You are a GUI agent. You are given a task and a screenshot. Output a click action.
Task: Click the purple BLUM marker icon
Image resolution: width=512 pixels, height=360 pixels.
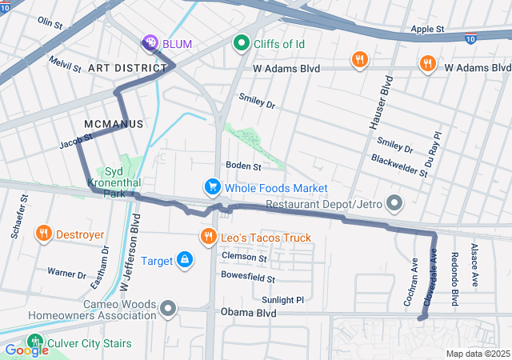[150, 43]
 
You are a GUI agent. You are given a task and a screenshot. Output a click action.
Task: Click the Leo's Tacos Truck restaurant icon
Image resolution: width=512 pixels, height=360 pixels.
[208, 237]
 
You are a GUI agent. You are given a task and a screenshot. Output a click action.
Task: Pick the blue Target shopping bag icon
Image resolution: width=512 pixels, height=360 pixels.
[185, 261]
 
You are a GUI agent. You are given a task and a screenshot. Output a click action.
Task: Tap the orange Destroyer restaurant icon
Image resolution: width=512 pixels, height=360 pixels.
[43, 234]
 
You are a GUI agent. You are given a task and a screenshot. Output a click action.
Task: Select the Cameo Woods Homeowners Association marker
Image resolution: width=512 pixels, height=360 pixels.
[167, 308]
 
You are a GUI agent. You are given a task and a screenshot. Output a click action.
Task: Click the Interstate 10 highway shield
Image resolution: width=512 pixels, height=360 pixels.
[472, 37]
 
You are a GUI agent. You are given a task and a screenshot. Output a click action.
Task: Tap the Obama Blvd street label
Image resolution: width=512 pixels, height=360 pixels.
[248, 313]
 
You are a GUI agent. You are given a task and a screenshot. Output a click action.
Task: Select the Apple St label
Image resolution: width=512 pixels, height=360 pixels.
[427, 29]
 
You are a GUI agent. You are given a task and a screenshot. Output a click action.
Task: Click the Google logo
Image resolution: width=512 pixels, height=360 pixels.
[26, 350]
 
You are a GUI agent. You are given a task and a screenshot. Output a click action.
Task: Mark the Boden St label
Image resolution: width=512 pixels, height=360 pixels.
[243, 166]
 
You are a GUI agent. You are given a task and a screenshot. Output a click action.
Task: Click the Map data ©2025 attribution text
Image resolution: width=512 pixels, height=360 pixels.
[477, 354]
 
